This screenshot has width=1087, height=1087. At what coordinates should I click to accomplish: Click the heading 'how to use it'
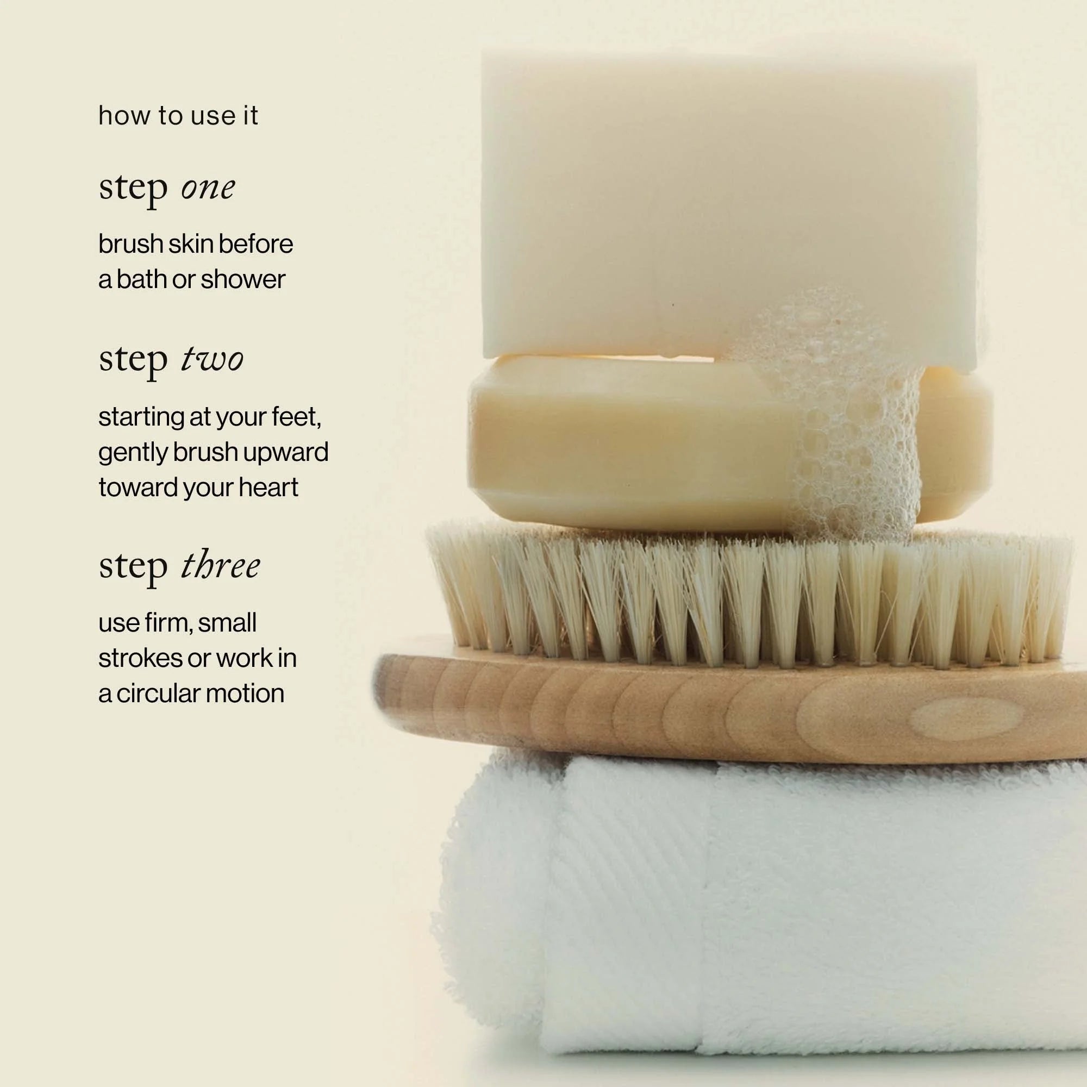[178, 116]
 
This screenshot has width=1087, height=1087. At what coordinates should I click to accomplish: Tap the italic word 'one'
[208, 188]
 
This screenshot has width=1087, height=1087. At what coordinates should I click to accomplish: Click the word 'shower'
[243, 279]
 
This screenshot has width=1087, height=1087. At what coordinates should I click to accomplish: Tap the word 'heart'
[268, 487]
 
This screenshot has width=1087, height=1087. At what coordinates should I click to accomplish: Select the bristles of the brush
[748, 596]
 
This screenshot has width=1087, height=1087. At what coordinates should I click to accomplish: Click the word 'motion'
[244, 694]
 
